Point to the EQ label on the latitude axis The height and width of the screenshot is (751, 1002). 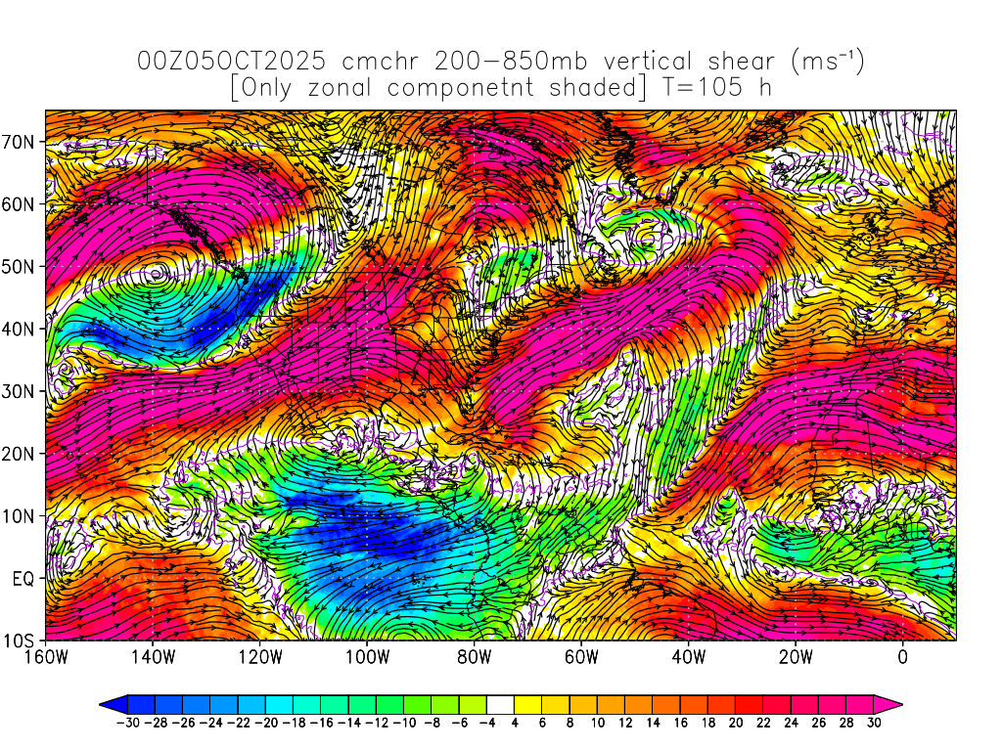[x=23, y=579]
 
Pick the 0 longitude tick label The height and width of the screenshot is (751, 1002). [x=902, y=658]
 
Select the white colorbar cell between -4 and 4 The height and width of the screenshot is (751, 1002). [x=500, y=703]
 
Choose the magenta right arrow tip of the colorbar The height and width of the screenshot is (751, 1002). [x=894, y=703]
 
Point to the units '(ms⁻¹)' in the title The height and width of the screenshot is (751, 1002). [x=826, y=62]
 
